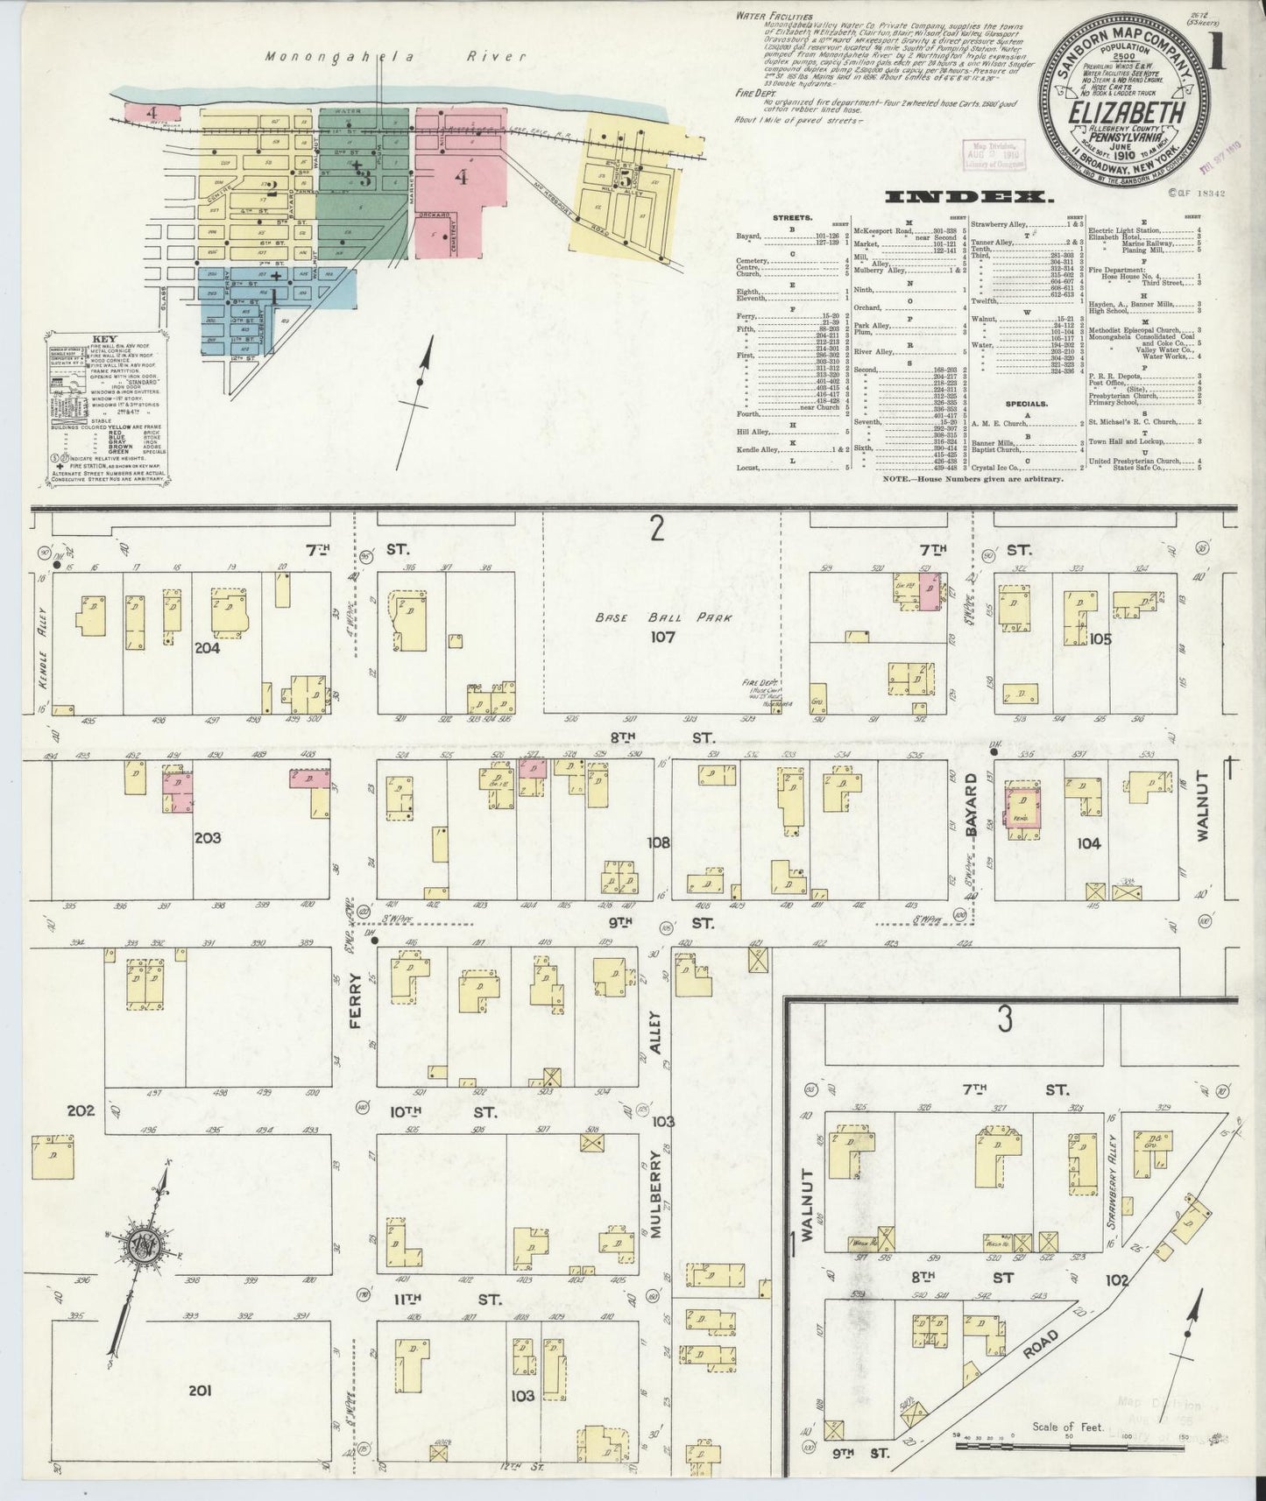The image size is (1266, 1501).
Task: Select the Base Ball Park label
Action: [661, 617]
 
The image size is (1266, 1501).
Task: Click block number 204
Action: [208, 649]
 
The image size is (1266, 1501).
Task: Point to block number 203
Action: [208, 837]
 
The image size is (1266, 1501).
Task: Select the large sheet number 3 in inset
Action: [1005, 1019]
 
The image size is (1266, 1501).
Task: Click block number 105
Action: [1100, 639]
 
